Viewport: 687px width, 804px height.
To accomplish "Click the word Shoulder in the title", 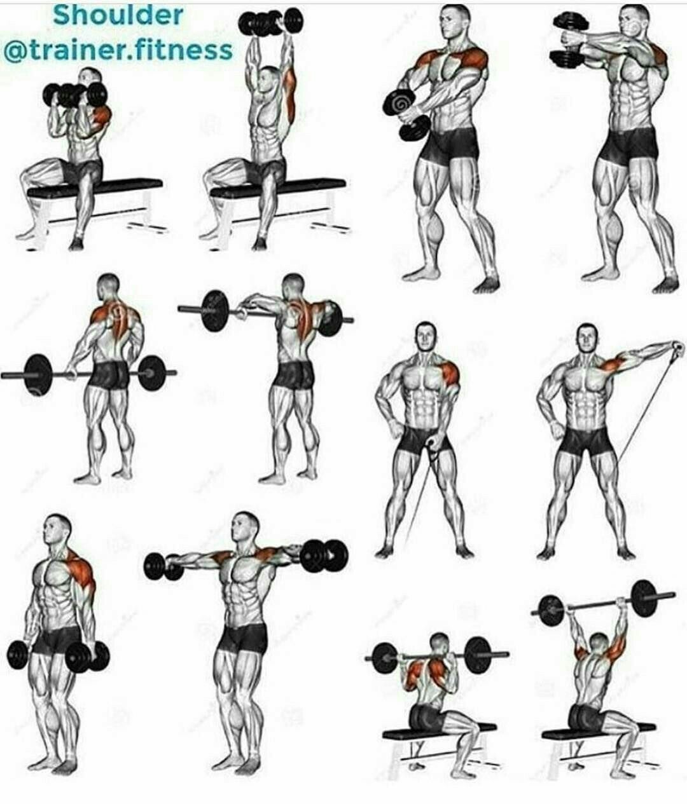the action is (x=118, y=16).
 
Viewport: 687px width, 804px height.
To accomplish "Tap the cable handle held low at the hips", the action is (x=433, y=442).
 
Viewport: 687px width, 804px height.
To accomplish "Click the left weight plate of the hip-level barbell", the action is (x=38, y=375).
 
